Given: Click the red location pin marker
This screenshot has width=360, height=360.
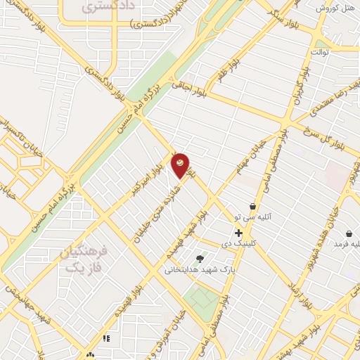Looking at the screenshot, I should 181,165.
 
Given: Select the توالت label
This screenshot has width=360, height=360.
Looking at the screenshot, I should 321,52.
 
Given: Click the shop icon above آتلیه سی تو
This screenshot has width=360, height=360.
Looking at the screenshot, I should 252,207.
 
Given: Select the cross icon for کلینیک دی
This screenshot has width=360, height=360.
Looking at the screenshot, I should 239,233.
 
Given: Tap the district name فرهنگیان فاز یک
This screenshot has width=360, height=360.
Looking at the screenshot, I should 83,259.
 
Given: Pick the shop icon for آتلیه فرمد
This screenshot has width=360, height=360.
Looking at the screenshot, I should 349,233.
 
